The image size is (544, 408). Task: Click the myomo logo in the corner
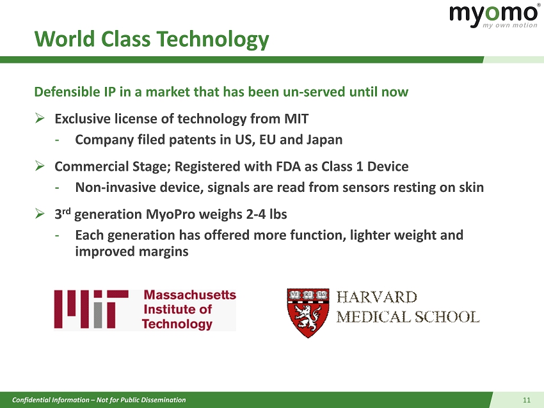494,15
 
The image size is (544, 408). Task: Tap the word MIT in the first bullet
296,119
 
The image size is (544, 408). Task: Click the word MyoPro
170,215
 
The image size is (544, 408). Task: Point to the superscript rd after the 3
67,211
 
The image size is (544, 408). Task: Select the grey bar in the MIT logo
98,315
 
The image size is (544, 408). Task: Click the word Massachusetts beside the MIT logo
190,295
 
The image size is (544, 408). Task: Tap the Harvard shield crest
308,313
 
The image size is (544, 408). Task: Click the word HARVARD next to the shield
377,297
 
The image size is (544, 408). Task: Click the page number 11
527,400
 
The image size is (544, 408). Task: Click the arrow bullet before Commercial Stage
40,166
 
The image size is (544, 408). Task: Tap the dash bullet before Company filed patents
57,141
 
